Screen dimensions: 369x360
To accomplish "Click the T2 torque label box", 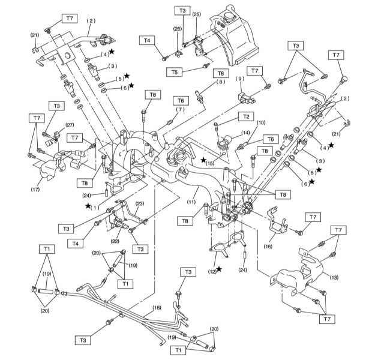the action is coord(246,117).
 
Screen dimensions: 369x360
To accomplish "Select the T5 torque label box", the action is coord(174,72).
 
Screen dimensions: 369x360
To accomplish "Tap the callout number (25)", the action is coord(197,14).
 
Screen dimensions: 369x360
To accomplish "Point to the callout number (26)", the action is coord(178,29).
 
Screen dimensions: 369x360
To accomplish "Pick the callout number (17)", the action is coord(35,190).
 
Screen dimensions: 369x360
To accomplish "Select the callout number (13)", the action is coord(334,277).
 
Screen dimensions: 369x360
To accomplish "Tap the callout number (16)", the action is coord(268,247).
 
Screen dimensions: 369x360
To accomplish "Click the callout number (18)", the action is coord(157,308).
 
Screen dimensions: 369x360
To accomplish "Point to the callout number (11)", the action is coord(191,202).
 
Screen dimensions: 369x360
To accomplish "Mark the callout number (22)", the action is coord(115,241).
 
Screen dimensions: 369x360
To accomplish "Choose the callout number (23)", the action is coord(140,203).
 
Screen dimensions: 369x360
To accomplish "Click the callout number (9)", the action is coord(240,79).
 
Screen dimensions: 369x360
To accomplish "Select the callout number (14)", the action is coord(245,133).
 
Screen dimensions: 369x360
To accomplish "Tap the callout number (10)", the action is coord(261,122).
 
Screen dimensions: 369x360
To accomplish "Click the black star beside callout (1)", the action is coord(88,206).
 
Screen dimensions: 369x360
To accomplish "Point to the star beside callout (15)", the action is coord(203,160).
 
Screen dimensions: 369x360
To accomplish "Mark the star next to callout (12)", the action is coord(219,269).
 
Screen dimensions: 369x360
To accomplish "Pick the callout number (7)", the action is coord(181,109).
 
